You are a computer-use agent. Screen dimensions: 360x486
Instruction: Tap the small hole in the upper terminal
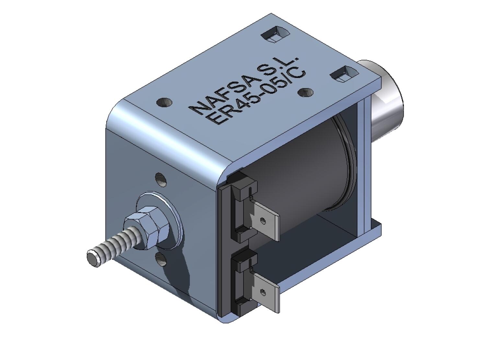pyautogui.click(x=263, y=221)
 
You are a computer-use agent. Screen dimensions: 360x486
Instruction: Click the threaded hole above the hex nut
pyautogui.click(x=161, y=179)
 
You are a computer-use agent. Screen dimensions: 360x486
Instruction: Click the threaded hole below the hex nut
pyautogui.click(x=161, y=259)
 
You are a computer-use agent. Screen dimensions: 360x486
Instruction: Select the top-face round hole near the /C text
pyautogui.click(x=305, y=93)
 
